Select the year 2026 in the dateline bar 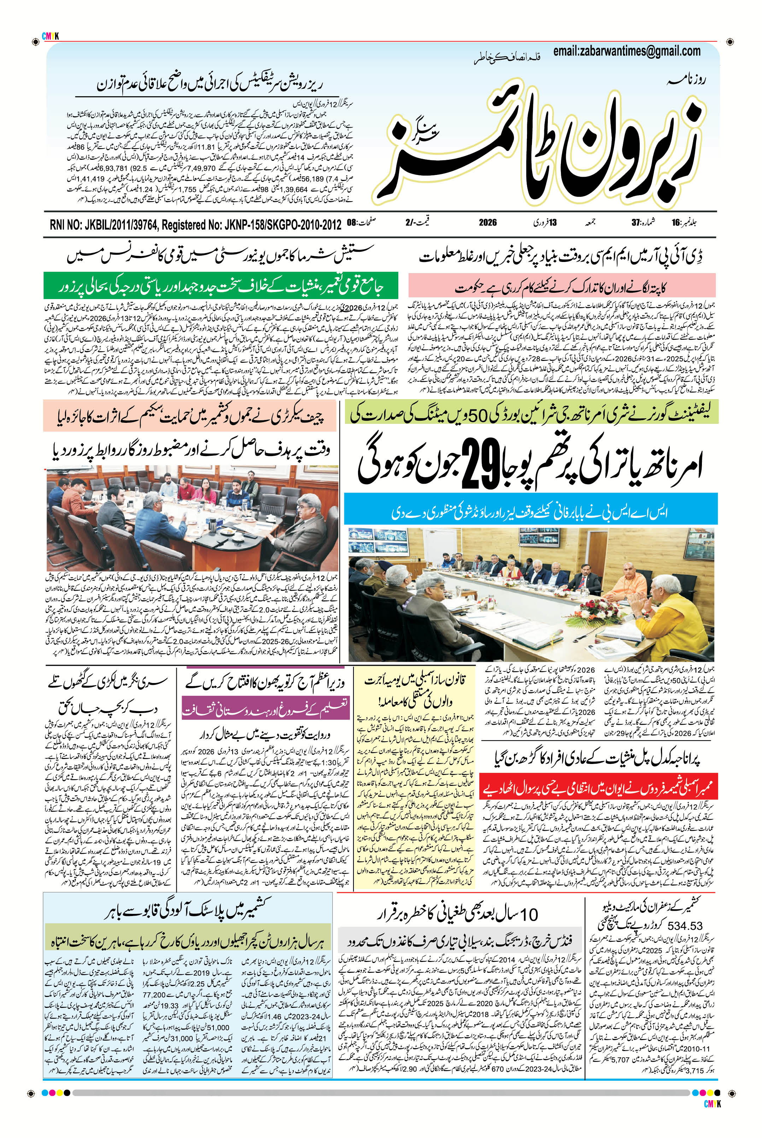point(487,223)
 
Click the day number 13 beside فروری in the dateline point(552,223)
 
